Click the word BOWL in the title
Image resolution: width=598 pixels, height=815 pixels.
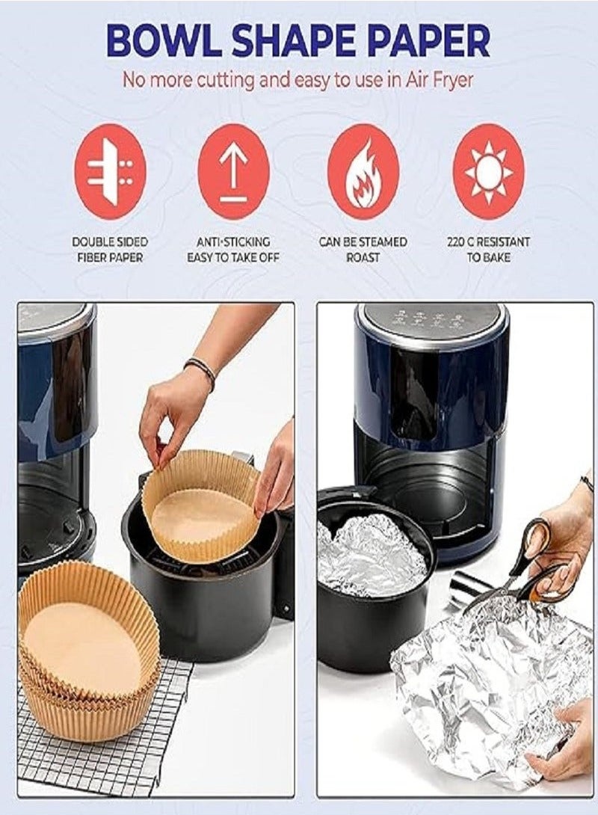point(162,41)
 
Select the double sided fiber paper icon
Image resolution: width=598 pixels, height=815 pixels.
point(110,172)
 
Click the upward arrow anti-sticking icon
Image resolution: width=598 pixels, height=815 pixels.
point(233,172)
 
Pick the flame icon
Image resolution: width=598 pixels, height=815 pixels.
point(363,172)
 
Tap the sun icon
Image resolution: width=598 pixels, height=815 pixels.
point(488,172)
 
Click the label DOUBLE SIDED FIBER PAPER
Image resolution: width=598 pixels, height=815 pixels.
point(110,250)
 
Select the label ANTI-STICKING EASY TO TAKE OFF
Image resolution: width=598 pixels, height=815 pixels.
point(233,250)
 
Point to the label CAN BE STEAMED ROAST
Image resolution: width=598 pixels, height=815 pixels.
point(363,250)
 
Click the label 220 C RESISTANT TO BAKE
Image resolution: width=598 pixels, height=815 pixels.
point(488,250)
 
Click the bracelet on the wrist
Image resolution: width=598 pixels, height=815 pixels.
point(201,371)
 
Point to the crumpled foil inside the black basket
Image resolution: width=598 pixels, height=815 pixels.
point(371,556)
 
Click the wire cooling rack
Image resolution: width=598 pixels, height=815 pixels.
point(99,728)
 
